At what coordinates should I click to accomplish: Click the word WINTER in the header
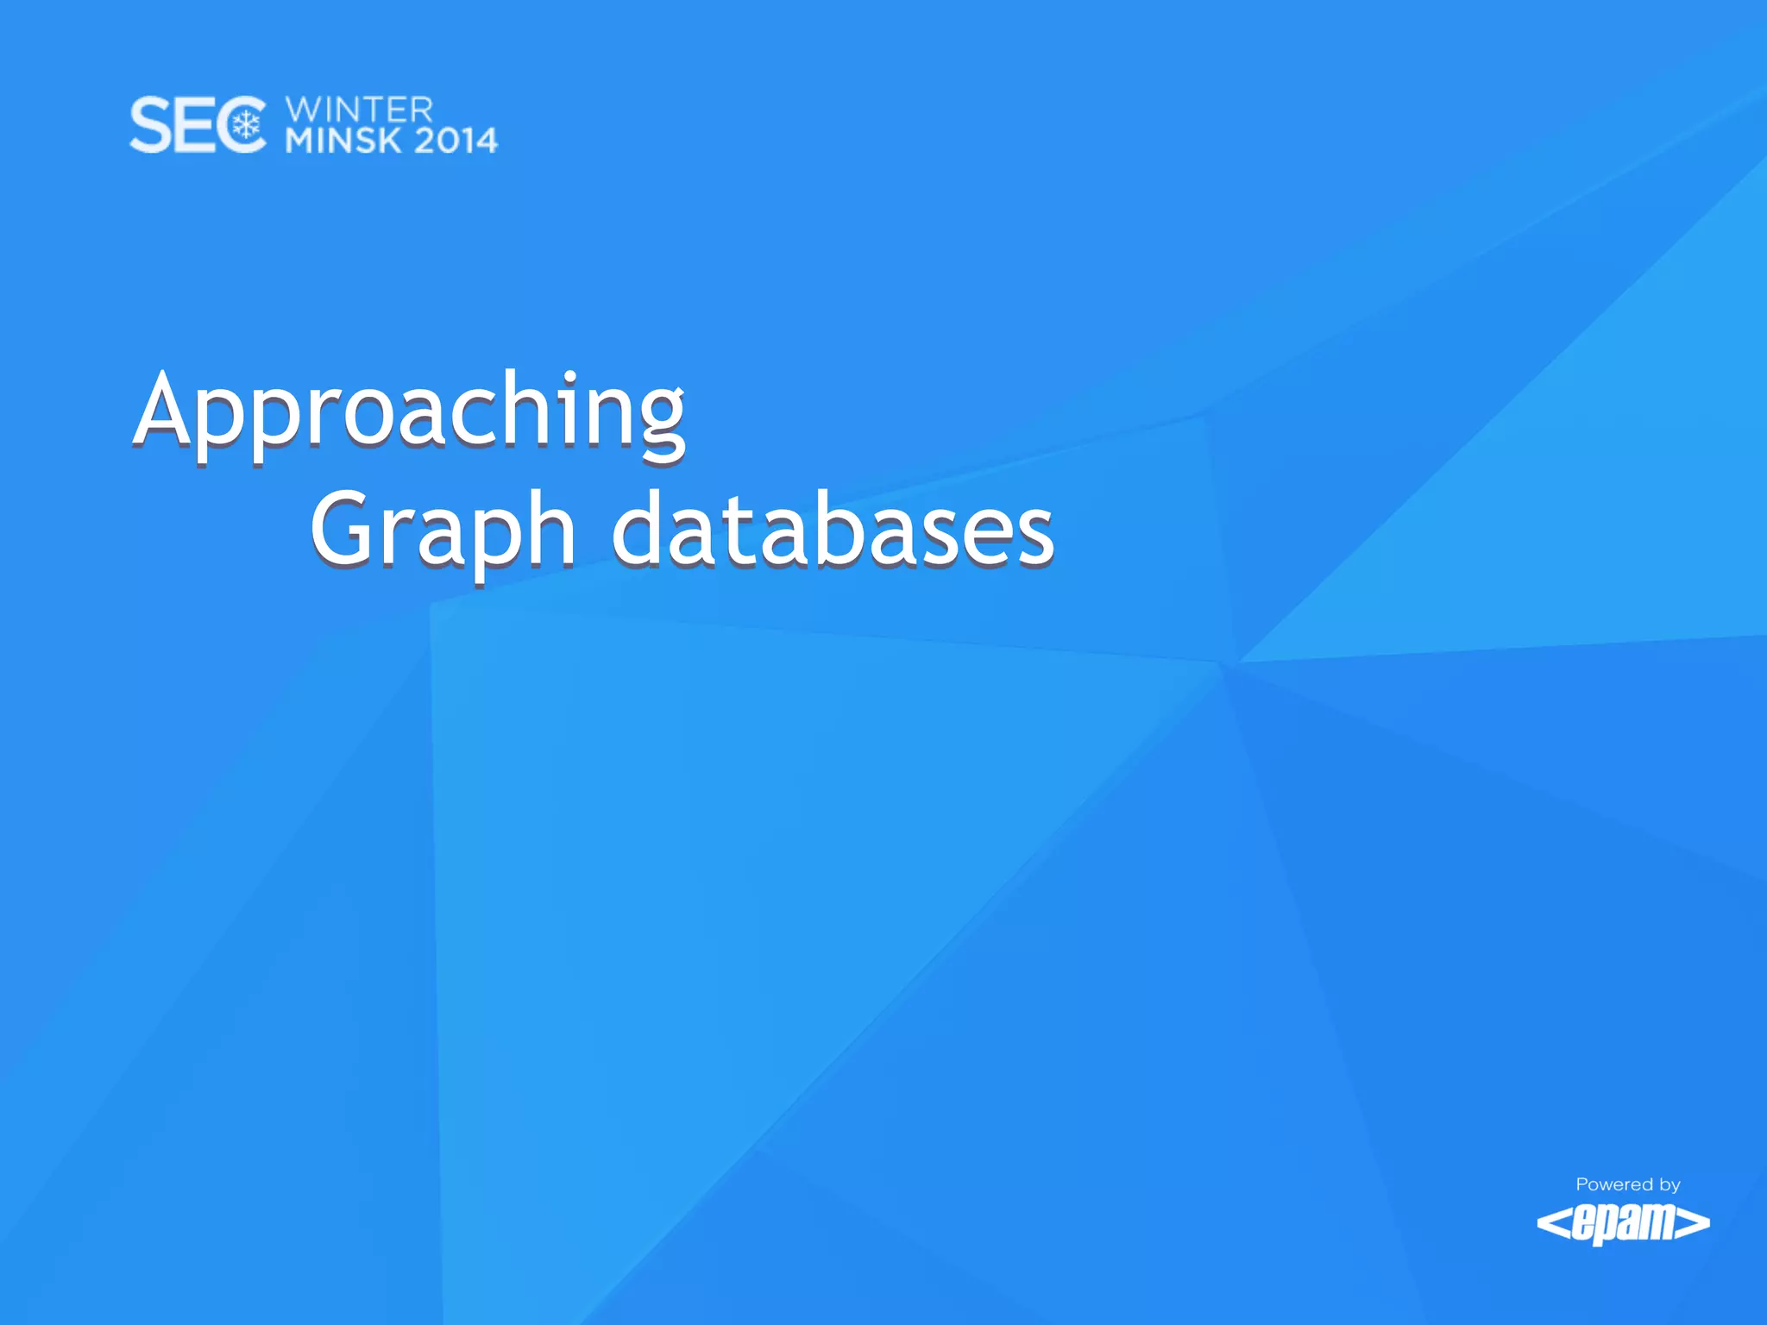pyautogui.click(x=359, y=110)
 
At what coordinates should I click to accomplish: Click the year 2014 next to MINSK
pyautogui.click(x=456, y=141)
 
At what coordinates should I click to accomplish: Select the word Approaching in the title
pyautogui.click(x=410, y=411)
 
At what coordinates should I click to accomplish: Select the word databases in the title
pyautogui.click(x=833, y=529)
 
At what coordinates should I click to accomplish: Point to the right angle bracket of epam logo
pyautogui.click(x=1695, y=1223)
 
